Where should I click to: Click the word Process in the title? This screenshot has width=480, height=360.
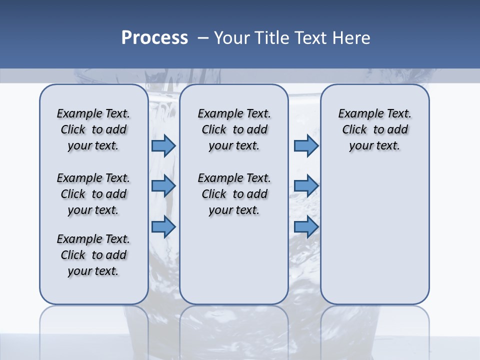(154, 38)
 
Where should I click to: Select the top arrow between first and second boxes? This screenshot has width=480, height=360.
(163, 145)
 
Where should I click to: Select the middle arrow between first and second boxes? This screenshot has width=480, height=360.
(163, 186)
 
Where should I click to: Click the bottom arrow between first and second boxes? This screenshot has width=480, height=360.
(163, 227)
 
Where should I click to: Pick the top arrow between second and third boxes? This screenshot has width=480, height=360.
(305, 145)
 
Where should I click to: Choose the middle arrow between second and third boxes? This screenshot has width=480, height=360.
(305, 186)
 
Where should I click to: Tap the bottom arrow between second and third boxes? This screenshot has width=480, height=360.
(305, 227)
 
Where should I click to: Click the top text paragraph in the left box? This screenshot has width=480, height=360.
(93, 129)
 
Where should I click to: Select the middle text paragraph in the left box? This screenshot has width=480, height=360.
(93, 194)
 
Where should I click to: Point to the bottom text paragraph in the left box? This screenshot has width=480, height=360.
(93, 255)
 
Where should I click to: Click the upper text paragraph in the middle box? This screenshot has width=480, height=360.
(234, 129)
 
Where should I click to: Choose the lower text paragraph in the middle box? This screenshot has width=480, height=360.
(234, 194)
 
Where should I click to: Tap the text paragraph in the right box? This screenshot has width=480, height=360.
(374, 129)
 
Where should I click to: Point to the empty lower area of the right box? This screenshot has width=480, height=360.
(374, 235)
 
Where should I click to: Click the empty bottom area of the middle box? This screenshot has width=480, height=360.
(234, 265)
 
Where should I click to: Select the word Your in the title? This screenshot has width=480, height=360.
(231, 38)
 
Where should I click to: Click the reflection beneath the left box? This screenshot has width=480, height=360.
(93, 325)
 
